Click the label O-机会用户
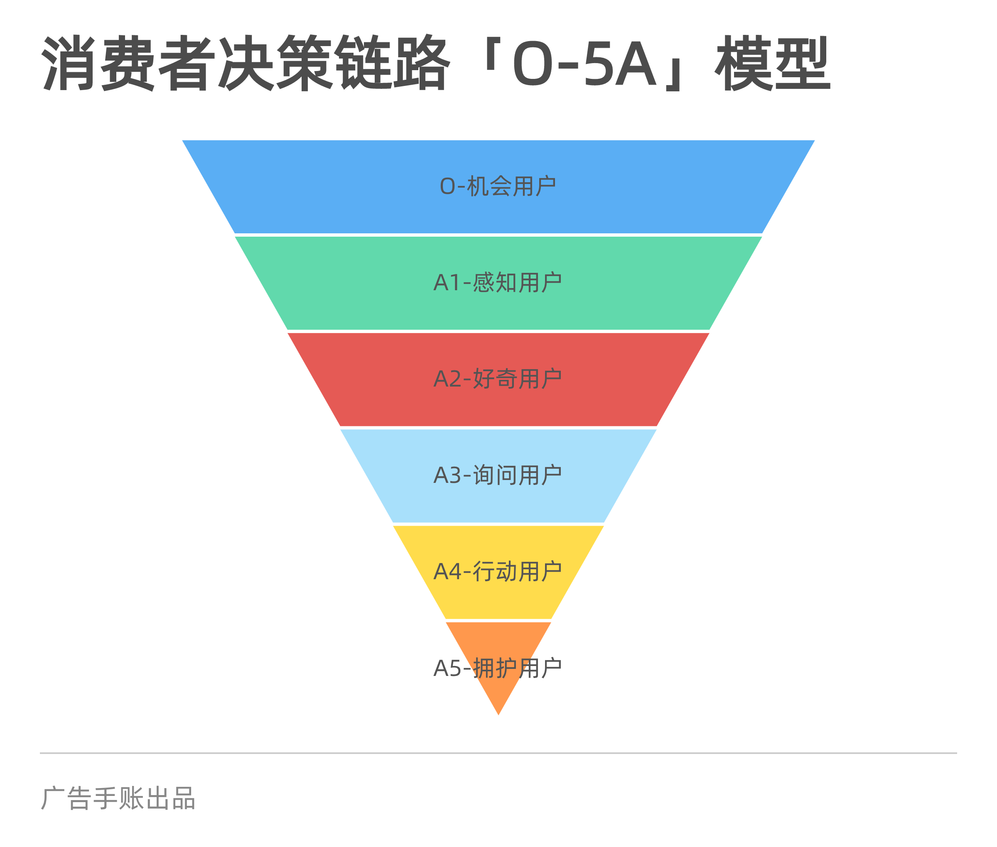pyautogui.click(x=498, y=186)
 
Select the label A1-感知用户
pyautogui.click(x=498, y=282)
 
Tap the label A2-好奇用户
pyautogui.click(x=498, y=379)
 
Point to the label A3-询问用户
pyautogui.click(x=498, y=475)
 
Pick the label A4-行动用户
pyautogui.click(x=498, y=571)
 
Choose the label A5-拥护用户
pyautogui.click(x=498, y=668)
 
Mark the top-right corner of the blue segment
pyautogui.click(x=814, y=141)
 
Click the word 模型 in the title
pyautogui.click(x=773, y=63)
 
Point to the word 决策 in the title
pyautogui.click(x=276, y=63)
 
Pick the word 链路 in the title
pyautogui.click(x=393, y=63)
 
